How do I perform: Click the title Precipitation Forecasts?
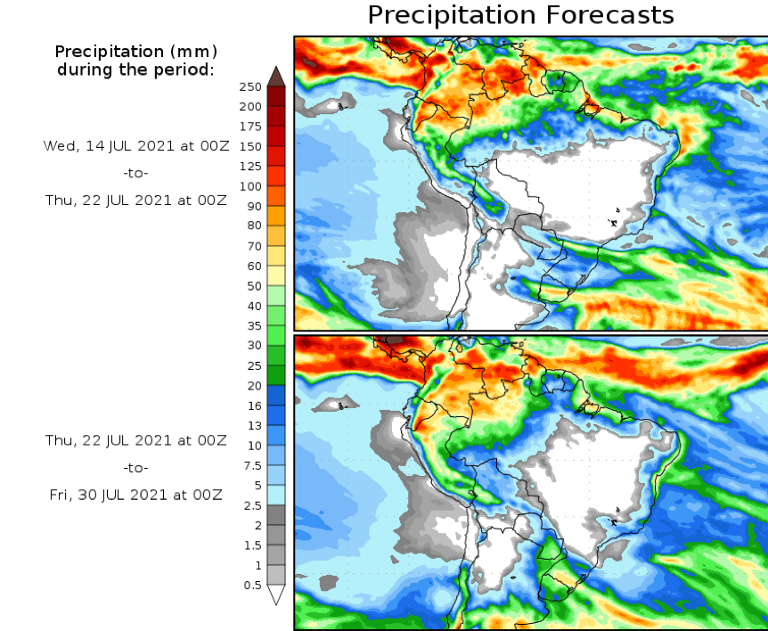[x=520, y=15]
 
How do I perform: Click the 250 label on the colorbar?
[x=250, y=86]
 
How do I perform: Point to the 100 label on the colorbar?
[x=250, y=186]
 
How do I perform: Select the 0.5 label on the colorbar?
[x=252, y=586]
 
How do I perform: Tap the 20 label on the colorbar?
[x=254, y=386]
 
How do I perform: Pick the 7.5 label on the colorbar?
[x=252, y=465]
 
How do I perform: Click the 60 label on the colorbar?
[x=254, y=266]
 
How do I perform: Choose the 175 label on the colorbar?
[x=250, y=127]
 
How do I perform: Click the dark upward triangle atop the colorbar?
[x=276, y=76]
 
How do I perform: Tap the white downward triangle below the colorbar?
[x=276, y=594]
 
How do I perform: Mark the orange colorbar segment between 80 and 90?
[x=276, y=216]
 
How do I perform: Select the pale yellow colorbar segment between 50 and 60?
[x=276, y=275]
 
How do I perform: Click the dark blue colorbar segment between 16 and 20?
[x=276, y=396]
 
